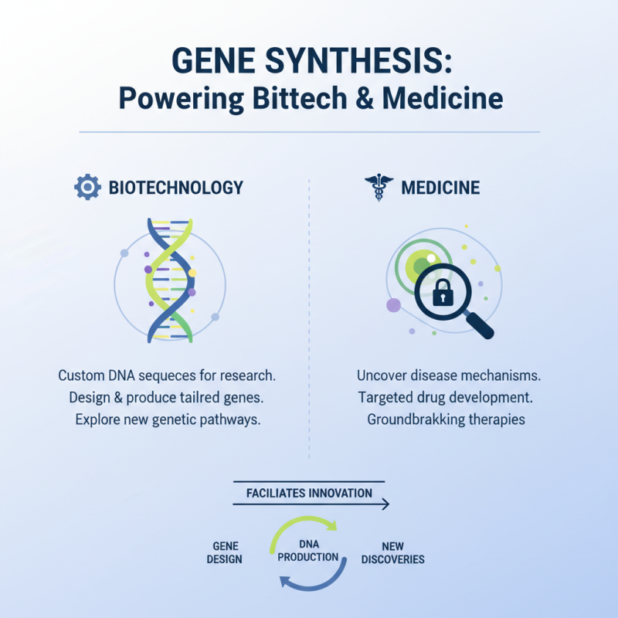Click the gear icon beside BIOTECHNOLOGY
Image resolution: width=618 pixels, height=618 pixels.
tap(87, 188)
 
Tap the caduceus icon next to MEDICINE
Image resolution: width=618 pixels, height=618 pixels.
tap(378, 188)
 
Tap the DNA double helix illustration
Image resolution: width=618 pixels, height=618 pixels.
tap(170, 280)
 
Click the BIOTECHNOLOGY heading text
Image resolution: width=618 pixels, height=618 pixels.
tap(176, 188)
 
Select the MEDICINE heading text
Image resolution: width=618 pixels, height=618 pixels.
tap(440, 188)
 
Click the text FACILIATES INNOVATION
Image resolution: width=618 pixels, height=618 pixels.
tap(309, 493)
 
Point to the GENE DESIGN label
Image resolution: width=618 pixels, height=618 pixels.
tap(224, 552)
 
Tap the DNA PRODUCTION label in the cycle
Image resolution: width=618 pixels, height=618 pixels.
tap(307, 551)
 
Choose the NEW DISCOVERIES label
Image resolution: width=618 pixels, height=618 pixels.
tap(393, 552)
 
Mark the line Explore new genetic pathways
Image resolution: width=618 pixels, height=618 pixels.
tap(167, 420)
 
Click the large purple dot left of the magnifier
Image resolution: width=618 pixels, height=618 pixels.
tap(393, 304)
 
